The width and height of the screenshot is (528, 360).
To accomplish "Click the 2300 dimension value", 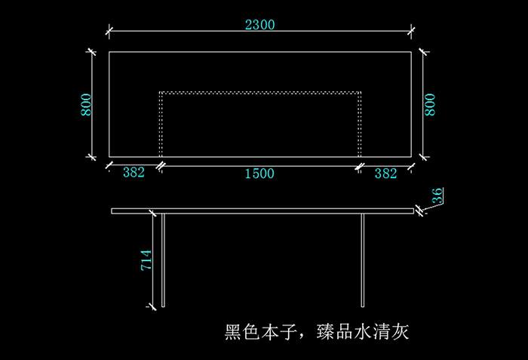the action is (x=260, y=24).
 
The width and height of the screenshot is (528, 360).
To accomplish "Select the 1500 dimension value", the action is (x=259, y=174).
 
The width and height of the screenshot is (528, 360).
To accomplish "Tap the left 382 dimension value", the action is (x=134, y=173).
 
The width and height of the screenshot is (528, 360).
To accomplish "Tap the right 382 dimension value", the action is (x=385, y=174).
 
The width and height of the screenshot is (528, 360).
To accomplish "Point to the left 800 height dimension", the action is (x=87, y=104).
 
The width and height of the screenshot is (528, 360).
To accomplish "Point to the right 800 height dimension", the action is (x=431, y=104).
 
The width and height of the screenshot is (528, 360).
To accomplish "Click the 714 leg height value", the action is (x=147, y=260).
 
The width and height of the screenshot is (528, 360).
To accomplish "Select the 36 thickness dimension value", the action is (x=437, y=196).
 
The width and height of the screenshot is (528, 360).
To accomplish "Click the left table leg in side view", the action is (x=164, y=260).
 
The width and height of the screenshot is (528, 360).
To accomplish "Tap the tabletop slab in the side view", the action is (x=264, y=211).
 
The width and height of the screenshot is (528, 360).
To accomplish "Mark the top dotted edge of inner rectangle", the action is (x=260, y=92).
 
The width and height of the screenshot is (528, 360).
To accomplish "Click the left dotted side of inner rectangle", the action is (x=160, y=125).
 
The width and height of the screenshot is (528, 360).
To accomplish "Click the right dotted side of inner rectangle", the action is (x=361, y=125).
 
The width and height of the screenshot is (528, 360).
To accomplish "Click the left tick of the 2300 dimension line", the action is (x=109, y=32).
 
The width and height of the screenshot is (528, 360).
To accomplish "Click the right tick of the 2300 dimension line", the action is (x=412, y=32).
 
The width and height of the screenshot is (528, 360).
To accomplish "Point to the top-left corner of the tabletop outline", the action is (x=109, y=52).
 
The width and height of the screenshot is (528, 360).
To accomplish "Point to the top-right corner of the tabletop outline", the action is (x=412, y=52).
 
